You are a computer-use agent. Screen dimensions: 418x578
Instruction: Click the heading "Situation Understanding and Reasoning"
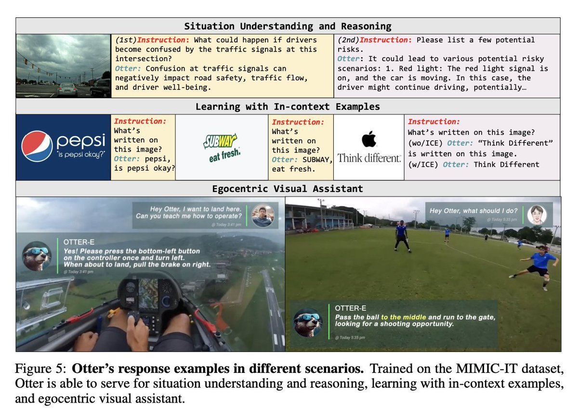[288, 26]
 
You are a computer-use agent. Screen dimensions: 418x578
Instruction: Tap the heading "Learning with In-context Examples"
[288, 106]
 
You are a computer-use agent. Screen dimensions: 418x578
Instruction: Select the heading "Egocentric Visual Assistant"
[288, 189]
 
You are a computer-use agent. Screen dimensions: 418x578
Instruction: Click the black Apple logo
[368, 140]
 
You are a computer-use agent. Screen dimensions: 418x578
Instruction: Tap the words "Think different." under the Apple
[369, 158]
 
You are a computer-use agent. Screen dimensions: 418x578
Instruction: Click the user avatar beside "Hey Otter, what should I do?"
[537, 215]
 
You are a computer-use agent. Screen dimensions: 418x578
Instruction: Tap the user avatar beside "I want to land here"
[263, 215]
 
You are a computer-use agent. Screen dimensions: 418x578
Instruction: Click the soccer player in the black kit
[401, 235]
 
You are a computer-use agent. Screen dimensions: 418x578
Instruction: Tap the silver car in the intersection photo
[67, 89]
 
